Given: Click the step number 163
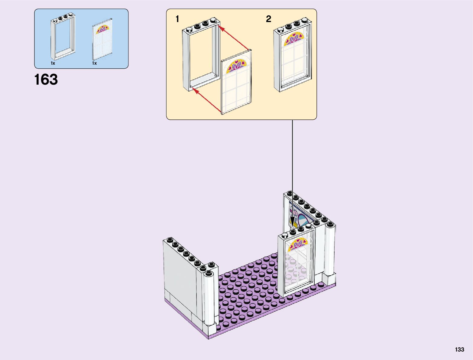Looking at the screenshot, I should click(x=46, y=80).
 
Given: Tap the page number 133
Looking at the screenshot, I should click(x=459, y=349).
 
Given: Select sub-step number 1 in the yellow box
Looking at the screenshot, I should click(x=177, y=19).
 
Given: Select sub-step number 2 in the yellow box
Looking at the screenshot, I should click(x=268, y=19).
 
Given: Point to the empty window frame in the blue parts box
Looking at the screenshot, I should click(x=63, y=37).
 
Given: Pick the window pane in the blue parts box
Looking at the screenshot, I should click(x=102, y=40).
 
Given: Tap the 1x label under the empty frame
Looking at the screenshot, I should click(x=53, y=63).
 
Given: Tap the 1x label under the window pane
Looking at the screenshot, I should click(x=95, y=63).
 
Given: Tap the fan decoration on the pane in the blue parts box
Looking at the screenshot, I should click(x=102, y=29).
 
